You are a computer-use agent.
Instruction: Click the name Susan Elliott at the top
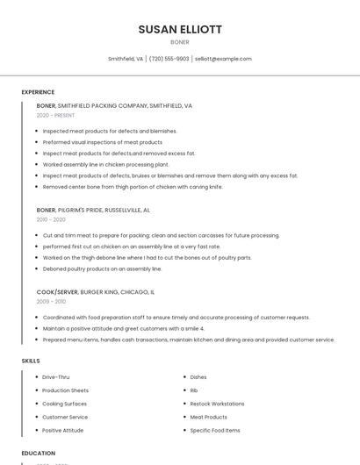(x=179, y=29)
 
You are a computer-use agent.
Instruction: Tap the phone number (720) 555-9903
(x=169, y=59)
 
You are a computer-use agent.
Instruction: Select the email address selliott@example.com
(x=223, y=59)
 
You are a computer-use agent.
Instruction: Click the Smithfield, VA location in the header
(x=126, y=59)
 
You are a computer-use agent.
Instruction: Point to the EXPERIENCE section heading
(x=38, y=92)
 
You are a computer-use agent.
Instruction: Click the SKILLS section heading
(x=31, y=361)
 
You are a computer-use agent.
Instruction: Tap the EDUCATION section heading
(x=38, y=454)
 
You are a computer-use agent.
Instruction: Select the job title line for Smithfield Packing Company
(x=114, y=105)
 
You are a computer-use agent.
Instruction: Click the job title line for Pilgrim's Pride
(x=93, y=211)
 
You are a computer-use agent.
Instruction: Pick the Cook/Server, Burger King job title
(x=96, y=291)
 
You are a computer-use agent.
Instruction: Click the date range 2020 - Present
(x=55, y=115)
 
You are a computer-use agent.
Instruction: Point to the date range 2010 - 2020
(x=51, y=219)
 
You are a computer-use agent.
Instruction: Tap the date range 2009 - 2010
(x=51, y=301)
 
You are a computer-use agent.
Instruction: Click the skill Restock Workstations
(x=217, y=404)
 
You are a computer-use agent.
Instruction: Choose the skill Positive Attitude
(x=63, y=431)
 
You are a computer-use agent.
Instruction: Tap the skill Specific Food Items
(x=215, y=431)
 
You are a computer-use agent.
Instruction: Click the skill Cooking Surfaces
(x=65, y=404)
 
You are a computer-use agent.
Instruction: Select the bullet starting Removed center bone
(x=133, y=187)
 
